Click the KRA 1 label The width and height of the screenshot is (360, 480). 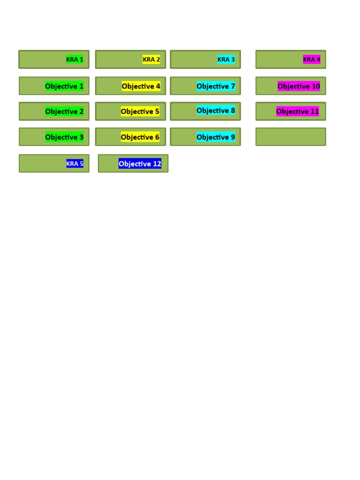click(x=75, y=60)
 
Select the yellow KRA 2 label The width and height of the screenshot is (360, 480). click(x=151, y=60)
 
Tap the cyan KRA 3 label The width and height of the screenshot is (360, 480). click(x=226, y=60)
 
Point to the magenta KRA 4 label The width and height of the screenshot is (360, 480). click(x=312, y=60)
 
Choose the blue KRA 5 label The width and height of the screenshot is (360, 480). click(x=75, y=164)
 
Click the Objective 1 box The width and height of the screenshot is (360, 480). click(x=54, y=86)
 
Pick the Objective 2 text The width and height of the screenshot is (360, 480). click(x=64, y=112)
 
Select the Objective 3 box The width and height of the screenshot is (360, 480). click(x=54, y=137)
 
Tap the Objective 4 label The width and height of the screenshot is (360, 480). click(x=141, y=86)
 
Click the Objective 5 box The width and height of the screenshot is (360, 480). click(x=130, y=112)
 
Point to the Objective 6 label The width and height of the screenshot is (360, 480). click(x=140, y=137)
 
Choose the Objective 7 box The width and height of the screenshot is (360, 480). click(x=205, y=86)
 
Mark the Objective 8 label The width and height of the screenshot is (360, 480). click(x=216, y=111)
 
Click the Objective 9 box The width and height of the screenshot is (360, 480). click(x=205, y=137)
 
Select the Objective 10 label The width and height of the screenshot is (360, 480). click(x=299, y=86)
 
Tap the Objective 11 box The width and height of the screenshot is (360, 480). click(x=291, y=112)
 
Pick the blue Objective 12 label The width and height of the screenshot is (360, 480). click(x=140, y=164)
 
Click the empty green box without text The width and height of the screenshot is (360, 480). click(x=291, y=137)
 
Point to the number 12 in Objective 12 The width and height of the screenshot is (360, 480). click(x=157, y=164)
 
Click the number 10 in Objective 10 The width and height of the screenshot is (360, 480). click(x=315, y=86)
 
